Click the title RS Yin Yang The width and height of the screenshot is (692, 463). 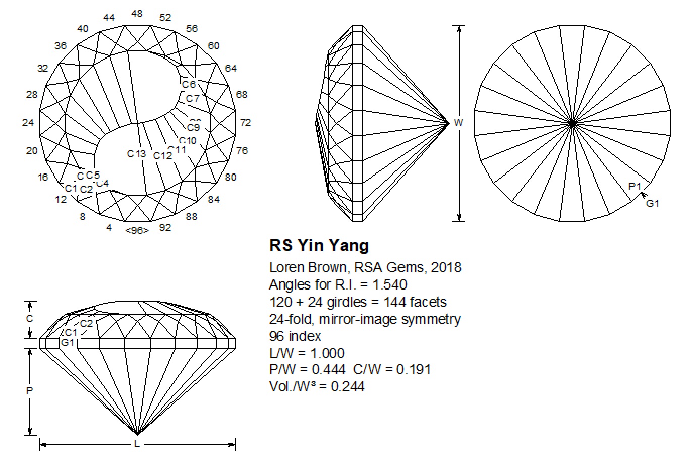tap(319, 246)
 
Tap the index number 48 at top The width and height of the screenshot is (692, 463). tap(137, 14)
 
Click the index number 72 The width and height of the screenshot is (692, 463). tap(246, 123)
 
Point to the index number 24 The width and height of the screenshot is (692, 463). tap(28, 123)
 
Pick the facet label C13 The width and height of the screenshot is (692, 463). tap(136, 154)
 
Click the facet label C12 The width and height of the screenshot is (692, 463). tap(163, 156)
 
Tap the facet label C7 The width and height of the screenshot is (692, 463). tap(192, 98)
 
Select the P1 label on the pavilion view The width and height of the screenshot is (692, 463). tap(635, 186)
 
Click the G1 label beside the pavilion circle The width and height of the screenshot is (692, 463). tap(653, 203)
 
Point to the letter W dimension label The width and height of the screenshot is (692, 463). tap(458, 123)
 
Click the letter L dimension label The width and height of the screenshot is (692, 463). tap(137, 444)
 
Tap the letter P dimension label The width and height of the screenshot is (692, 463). tap(30, 391)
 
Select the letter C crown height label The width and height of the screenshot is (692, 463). tap(30, 318)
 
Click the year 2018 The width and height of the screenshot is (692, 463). tap(446, 267)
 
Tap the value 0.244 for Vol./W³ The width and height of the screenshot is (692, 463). tap(348, 387)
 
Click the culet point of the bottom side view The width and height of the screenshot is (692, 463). tap(137, 433)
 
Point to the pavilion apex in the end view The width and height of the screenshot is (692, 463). tap(448, 123)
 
